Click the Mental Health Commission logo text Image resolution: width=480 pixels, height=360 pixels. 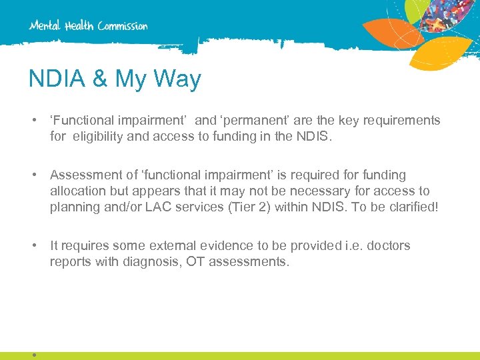click(88, 26)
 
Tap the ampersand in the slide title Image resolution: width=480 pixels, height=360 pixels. click(101, 79)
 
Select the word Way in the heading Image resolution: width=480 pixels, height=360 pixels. click(177, 79)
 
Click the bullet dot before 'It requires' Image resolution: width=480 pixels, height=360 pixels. click(33, 246)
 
